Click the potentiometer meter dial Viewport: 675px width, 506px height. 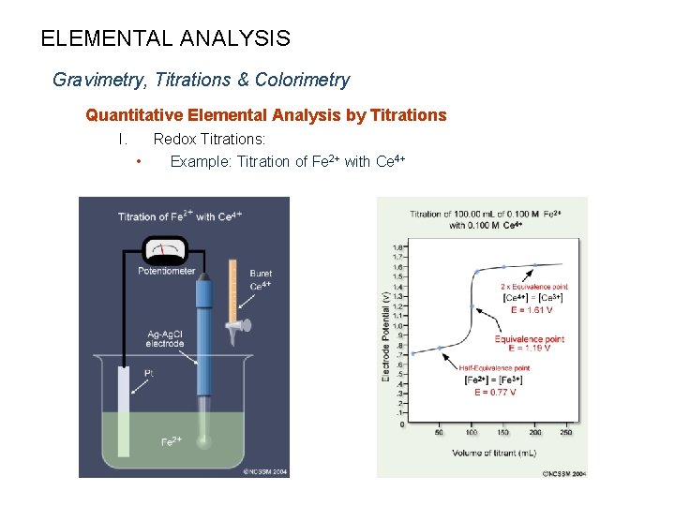point(165,252)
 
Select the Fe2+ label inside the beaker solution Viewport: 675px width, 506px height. point(172,440)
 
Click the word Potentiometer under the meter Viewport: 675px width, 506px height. point(167,272)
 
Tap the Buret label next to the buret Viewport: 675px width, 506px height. point(260,274)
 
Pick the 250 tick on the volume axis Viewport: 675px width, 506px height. point(566,432)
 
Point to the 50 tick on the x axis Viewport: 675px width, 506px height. point(439,432)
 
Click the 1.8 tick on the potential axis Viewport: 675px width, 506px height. point(398,247)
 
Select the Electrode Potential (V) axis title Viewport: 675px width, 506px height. point(385,335)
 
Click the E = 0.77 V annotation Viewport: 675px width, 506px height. point(494,393)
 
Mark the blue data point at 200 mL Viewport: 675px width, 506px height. point(534,265)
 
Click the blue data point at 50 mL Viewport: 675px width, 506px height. point(439,349)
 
